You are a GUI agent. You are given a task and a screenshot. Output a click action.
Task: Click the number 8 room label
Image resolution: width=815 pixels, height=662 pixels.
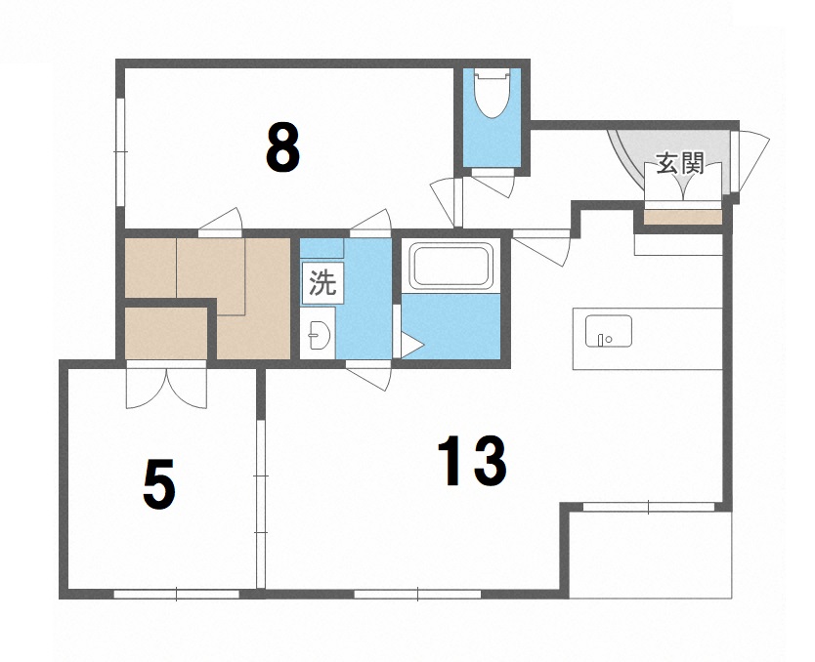(x=281, y=148)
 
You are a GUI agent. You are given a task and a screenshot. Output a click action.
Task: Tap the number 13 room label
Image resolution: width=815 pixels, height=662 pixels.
(x=472, y=462)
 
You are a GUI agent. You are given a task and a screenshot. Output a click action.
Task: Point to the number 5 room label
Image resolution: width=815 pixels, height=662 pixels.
(x=159, y=484)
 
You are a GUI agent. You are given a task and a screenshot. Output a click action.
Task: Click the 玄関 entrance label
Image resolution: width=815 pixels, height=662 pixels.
(x=680, y=163)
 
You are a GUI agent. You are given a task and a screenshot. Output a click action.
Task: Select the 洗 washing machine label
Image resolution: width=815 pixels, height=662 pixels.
(x=322, y=283)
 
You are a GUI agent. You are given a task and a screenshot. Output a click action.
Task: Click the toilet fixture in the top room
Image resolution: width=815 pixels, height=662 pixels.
(x=493, y=95)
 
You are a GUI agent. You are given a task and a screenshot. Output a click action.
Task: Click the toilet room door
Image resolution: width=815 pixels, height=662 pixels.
(x=493, y=184)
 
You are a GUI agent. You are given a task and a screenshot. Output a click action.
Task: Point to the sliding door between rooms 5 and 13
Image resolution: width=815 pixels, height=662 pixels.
(x=260, y=503)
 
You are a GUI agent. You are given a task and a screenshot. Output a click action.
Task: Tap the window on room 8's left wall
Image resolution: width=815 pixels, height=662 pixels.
(x=119, y=150)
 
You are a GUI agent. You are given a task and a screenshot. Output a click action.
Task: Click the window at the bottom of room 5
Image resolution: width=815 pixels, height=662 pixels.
(x=176, y=593)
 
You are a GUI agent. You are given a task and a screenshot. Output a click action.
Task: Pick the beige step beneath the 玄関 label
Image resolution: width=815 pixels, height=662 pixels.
(x=683, y=216)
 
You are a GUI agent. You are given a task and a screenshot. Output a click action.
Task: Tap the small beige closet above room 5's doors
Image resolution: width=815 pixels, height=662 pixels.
(x=166, y=333)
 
